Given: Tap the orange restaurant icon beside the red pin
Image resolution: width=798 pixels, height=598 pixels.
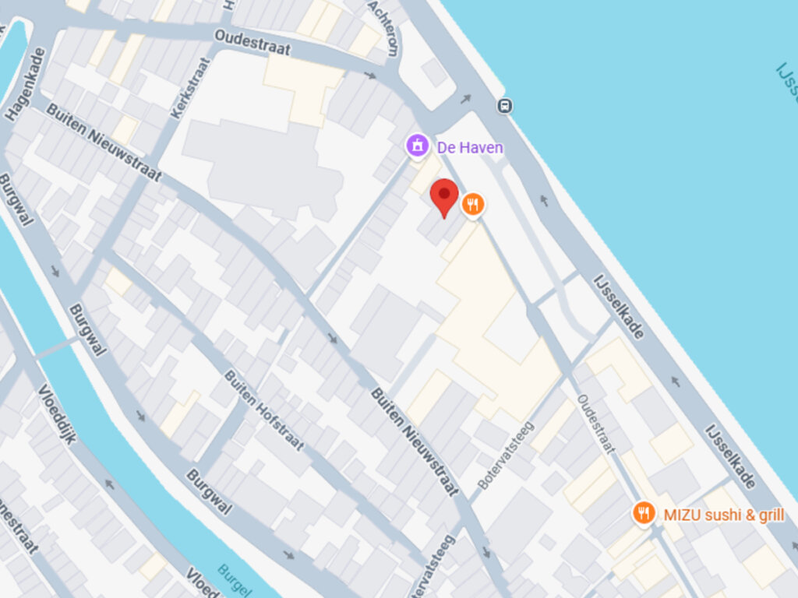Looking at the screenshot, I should click(x=472, y=205).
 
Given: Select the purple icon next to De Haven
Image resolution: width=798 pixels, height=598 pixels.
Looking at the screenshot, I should click(x=418, y=146).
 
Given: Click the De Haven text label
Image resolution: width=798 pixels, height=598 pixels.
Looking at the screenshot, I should click(x=469, y=147).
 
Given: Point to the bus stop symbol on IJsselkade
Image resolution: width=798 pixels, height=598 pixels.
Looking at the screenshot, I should click(x=505, y=106).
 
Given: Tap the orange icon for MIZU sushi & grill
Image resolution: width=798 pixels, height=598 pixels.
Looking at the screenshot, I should click(x=644, y=513).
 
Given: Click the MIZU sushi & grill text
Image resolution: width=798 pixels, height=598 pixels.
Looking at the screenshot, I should click(x=723, y=515).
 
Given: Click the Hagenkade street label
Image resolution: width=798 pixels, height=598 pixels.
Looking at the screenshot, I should click(x=26, y=85).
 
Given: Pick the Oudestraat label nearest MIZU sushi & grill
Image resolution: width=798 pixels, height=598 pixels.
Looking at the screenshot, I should click(x=596, y=424).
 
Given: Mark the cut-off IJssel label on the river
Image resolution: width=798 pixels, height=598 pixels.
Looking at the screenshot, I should click(x=787, y=82).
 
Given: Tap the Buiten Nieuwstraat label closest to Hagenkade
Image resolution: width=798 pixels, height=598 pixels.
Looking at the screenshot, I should click(x=103, y=142).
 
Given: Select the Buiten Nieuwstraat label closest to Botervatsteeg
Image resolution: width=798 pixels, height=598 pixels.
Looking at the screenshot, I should click(x=413, y=441).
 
